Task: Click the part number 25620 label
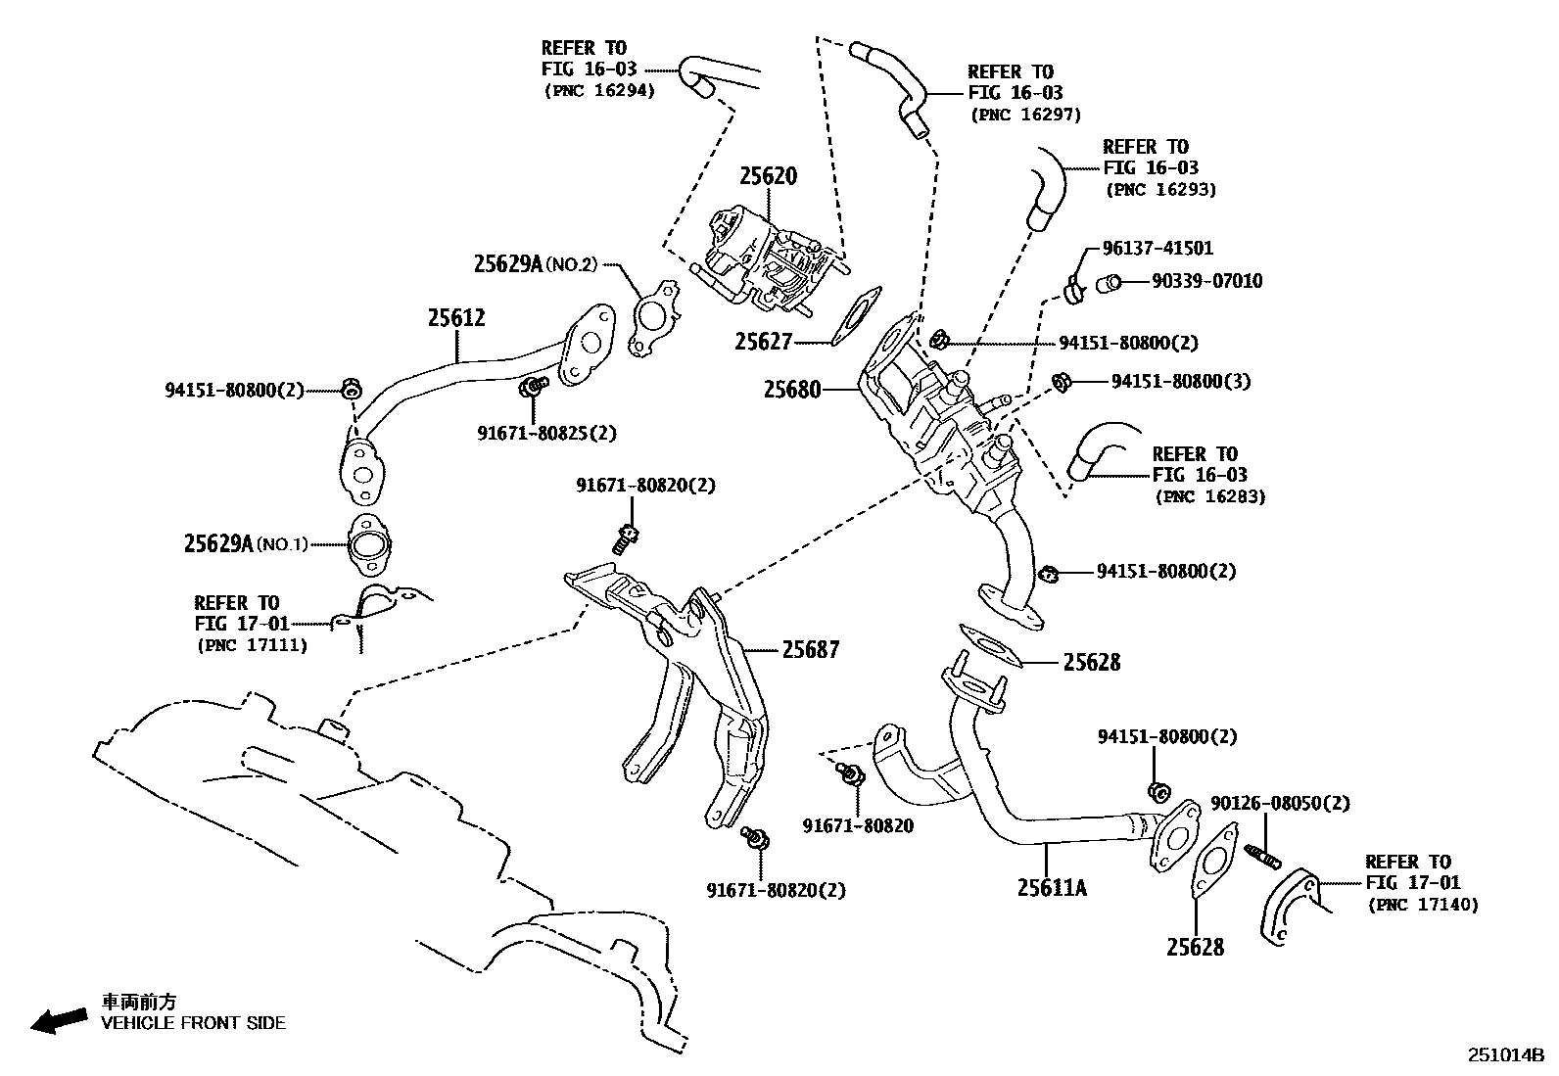click(x=768, y=176)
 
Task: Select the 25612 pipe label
click(x=456, y=317)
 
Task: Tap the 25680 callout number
click(x=792, y=390)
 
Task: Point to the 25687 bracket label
click(x=812, y=649)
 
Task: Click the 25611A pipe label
click(x=1052, y=887)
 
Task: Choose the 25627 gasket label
click(x=764, y=342)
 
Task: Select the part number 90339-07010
click(x=1206, y=282)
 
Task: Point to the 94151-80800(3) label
click(x=1180, y=381)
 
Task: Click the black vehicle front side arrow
click(x=58, y=1020)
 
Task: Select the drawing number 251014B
click(x=1504, y=1055)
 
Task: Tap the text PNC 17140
click(x=1423, y=905)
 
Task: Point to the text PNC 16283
click(x=1210, y=496)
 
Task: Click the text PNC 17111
click(x=252, y=645)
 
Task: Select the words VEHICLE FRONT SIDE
click(x=194, y=1023)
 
